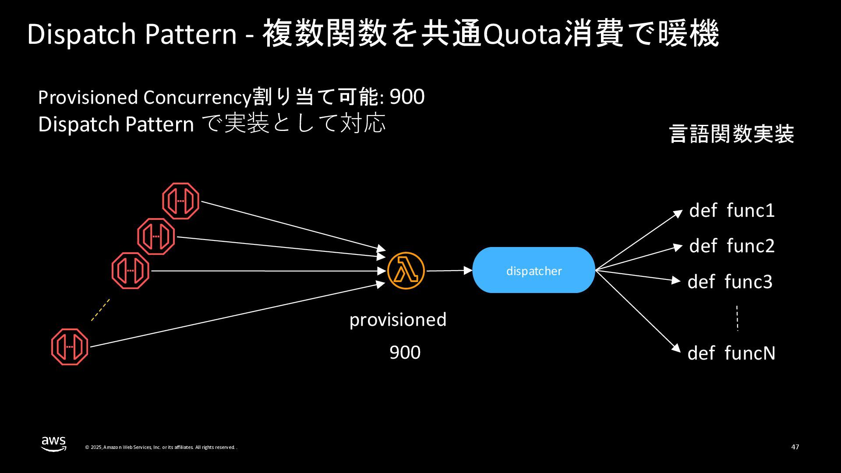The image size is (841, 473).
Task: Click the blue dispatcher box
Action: coord(533,270)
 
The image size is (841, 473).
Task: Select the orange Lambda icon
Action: coord(406,271)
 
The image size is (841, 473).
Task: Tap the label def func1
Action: coord(731,211)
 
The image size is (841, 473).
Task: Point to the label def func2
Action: coord(731,246)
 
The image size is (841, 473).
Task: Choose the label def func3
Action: coord(730,282)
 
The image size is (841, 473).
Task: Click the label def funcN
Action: coord(731,353)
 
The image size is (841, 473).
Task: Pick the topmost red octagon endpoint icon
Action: coord(181,201)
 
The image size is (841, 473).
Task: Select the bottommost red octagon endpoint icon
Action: coord(70,347)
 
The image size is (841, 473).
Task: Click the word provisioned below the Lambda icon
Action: coord(398,320)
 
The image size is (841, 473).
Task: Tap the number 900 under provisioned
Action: coord(405,353)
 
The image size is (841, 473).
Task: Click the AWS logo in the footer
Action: coord(54,444)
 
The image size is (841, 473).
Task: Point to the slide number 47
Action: coord(795,447)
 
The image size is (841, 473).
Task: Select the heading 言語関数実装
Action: coord(731,134)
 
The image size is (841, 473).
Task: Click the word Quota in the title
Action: coord(521,34)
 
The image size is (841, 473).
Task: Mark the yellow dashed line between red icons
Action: coord(100,310)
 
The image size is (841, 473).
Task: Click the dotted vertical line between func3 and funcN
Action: coord(738,318)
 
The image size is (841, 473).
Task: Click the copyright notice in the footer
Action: coord(161,447)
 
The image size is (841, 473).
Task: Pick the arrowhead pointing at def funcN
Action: coord(677,348)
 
